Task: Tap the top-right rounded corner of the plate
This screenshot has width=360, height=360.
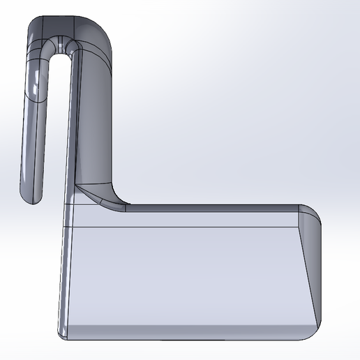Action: (x=311, y=213)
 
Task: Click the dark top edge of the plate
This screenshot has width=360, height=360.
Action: (x=209, y=207)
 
